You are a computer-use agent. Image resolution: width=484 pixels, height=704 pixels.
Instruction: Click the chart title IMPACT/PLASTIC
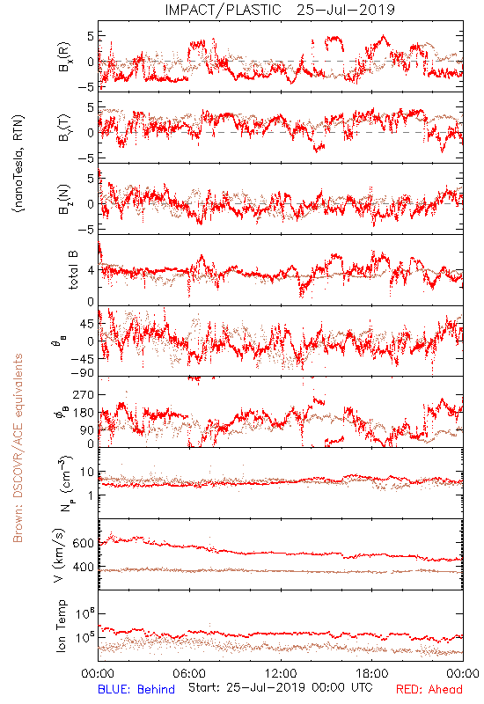tap(223, 10)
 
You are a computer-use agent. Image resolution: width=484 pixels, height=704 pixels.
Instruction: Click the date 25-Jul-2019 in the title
tap(346, 10)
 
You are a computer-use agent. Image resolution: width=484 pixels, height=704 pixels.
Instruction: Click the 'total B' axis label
tap(73, 270)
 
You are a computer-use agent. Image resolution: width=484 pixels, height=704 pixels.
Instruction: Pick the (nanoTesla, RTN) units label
tap(18, 164)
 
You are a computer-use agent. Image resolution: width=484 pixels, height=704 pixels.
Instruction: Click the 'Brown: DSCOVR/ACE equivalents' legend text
tap(18, 448)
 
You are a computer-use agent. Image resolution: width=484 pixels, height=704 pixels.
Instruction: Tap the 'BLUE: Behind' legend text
tap(136, 689)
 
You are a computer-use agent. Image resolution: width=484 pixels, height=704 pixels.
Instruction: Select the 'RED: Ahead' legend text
tap(429, 689)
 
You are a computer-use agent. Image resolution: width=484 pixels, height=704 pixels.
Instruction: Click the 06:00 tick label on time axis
tap(189, 673)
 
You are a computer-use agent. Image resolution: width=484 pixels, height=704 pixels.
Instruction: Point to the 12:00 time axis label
tap(281, 673)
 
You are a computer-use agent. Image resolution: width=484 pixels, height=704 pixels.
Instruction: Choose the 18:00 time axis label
tap(372, 673)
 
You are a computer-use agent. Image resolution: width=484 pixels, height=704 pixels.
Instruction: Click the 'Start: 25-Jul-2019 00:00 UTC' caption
tap(280, 687)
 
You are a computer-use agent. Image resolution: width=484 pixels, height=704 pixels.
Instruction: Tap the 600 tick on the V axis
tap(84, 543)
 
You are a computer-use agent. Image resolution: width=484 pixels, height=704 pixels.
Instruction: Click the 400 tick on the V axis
tap(84, 568)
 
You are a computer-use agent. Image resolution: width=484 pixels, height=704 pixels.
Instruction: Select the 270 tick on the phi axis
tap(84, 394)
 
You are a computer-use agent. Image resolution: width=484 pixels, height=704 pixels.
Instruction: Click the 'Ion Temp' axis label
tap(61, 626)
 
